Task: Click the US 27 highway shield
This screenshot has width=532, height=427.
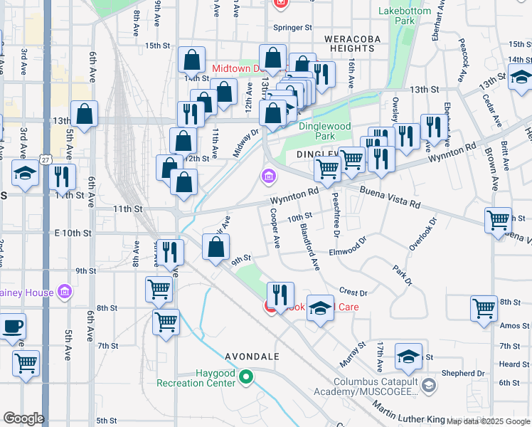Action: pyautogui.click(x=46, y=160)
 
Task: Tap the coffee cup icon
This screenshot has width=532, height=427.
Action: pyautogui.click(x=14, y=327)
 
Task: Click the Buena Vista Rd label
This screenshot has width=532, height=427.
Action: pyautogui.click(x=390, y=198)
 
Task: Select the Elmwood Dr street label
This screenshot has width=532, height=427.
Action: pyautogui.click(x=347, y=251)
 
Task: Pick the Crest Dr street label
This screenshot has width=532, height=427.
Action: pyautogui.click(x=353, y=292)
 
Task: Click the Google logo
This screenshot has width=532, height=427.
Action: pyautogui.click(x=23, y=418)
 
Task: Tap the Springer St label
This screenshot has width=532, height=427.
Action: pyautogui.click(x=294, y=28)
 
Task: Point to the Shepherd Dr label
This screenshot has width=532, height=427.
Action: pyautogui.click(x=462, y=373)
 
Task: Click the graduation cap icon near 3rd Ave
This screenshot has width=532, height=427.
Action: pyautogui.click(x=25, y=173)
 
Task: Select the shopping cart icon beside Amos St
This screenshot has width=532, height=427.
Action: pyautogui.click(x=484, y=308)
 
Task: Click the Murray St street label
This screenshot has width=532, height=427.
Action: pyautogui.click(x=353, y=354)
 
